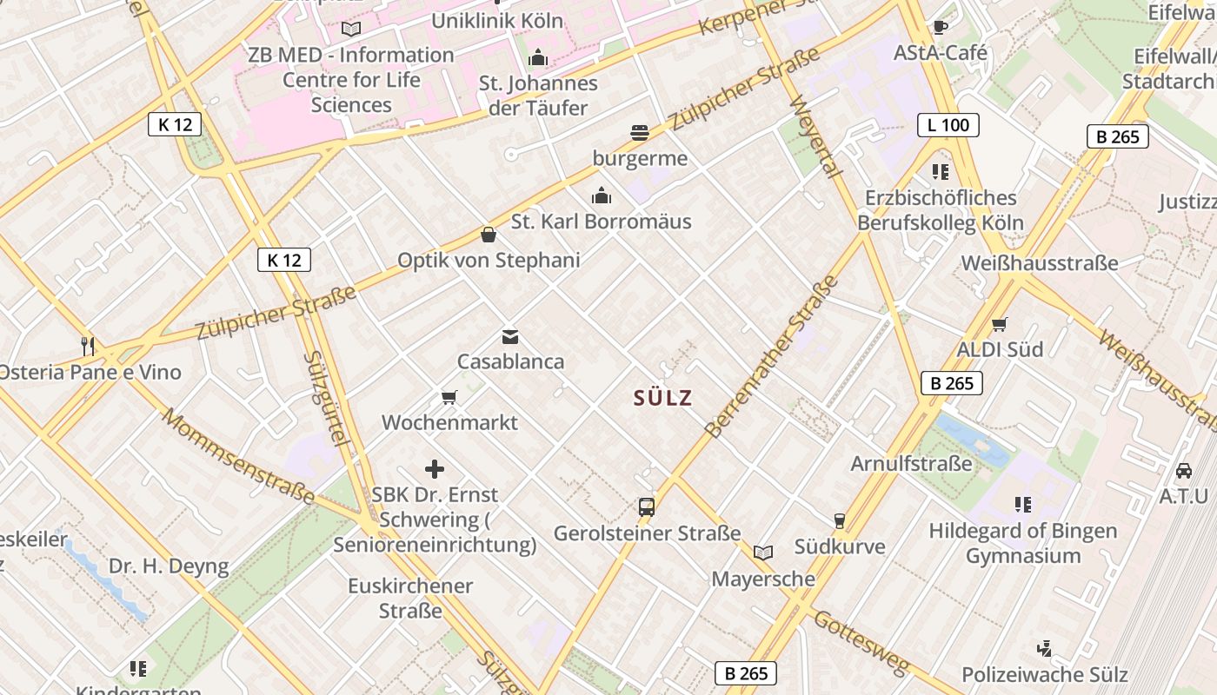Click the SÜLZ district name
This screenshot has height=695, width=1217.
662,398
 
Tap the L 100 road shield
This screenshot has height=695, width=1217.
948,125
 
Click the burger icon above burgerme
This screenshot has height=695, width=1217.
640,133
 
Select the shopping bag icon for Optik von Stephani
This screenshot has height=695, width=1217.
489,235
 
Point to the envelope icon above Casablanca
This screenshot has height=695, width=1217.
510,336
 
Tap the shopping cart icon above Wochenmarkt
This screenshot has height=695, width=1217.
449,398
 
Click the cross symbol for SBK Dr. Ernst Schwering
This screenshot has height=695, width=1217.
435,470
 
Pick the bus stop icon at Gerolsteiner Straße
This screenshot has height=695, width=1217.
647,506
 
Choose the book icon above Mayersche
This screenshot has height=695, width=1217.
763,553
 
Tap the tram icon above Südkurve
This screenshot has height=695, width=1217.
840,520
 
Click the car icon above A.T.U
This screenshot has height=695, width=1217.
1184,471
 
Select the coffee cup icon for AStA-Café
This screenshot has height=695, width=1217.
940,27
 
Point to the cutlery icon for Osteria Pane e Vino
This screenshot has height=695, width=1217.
88,347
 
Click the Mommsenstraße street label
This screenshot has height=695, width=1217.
237,457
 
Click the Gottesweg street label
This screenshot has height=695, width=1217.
861,644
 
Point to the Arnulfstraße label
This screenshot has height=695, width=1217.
911,463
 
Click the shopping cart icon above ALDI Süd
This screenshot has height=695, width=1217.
1000,324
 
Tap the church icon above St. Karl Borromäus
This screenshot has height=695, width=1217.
601,195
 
